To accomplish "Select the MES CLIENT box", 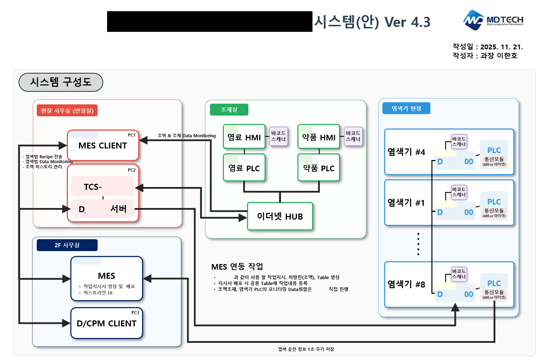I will (103, 146).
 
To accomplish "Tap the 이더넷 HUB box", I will (280, 216).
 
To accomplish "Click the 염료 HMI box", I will (244, 137).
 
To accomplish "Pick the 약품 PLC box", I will (318, 168).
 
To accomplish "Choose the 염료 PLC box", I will (244, 168).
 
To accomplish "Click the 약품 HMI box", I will (318, 137).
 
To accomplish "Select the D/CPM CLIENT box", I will (106, 323).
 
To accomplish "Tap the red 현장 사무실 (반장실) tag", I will (67, 111).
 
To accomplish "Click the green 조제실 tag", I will (229, 110).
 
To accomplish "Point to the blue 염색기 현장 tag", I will (406, 109).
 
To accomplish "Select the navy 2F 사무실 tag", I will (67, 245).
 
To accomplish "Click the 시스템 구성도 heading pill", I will (61, 82).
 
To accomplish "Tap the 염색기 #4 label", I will (406, 152).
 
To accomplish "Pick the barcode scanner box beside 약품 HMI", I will (353, 136).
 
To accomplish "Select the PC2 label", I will (132, 170).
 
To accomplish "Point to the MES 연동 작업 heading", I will (237, 267).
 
